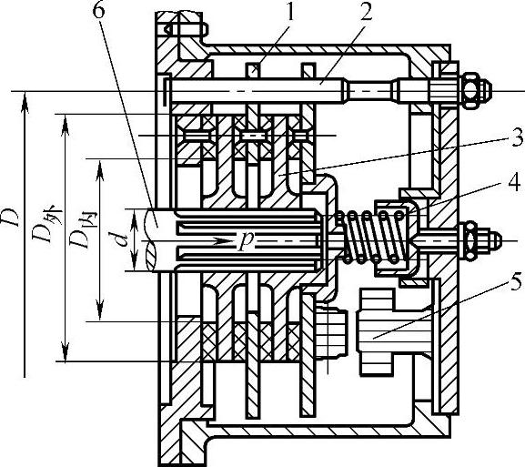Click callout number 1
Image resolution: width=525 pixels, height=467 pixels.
(x=289, y=14)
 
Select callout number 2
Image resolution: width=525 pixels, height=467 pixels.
(x=365, y=14)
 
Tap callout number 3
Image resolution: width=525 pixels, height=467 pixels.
(x=517, y=137)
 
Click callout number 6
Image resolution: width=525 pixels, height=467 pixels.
(x=98, y=11)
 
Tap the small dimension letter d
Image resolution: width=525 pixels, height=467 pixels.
(x=119, y=240)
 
